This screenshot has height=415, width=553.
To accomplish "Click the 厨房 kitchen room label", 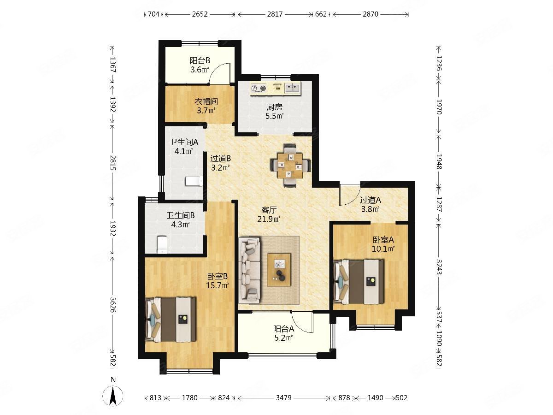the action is tap(274, 107).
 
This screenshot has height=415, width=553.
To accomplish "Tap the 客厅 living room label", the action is tap(269, 210).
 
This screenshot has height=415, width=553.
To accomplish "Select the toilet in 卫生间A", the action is tap(194, 181).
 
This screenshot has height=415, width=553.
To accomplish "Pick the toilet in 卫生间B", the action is tap(161, 244).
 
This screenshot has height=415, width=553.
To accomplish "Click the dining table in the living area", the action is tap(290, 165).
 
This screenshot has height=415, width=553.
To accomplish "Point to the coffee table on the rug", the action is tap(279, 270).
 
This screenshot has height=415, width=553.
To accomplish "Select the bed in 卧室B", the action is tap(171, 320).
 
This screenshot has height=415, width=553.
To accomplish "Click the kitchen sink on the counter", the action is tap(292, 88).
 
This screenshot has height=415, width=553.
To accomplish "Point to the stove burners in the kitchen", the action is tap(259, 88).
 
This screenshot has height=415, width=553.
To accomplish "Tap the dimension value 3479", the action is tap(284, 397).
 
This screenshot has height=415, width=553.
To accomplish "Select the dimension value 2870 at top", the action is tap(371, 14).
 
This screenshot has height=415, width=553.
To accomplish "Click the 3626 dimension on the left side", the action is tap(113, 305).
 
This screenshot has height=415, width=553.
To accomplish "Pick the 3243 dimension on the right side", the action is tap(439, 267).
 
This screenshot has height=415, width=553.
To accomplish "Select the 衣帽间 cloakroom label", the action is tap(206, 101).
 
